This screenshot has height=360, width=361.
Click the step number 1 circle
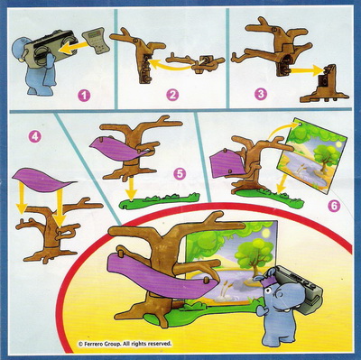click(x=84, y=96)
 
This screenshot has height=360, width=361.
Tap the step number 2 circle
click(x=172, y=95)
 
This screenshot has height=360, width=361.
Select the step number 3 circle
click(x=261, y=94)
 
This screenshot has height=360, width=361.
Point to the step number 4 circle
click(x=35, y=137)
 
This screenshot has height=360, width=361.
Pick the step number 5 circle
click(x=180, y=174)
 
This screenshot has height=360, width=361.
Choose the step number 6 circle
click(x=334, y=206)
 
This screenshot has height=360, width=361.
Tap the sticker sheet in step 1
click(x=95, y=41)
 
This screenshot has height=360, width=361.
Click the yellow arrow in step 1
click(x=74, y=48)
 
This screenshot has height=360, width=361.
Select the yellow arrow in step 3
click(x=303, y=71)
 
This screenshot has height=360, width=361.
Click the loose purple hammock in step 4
click(x=43, y=180)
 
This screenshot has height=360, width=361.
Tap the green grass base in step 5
click(x=159, y=201)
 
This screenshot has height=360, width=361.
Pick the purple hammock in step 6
click(x=227, y=164)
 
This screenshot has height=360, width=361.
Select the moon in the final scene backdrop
click(x=266, y=233)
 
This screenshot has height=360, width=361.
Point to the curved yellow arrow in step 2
click(x=170, y=66)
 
